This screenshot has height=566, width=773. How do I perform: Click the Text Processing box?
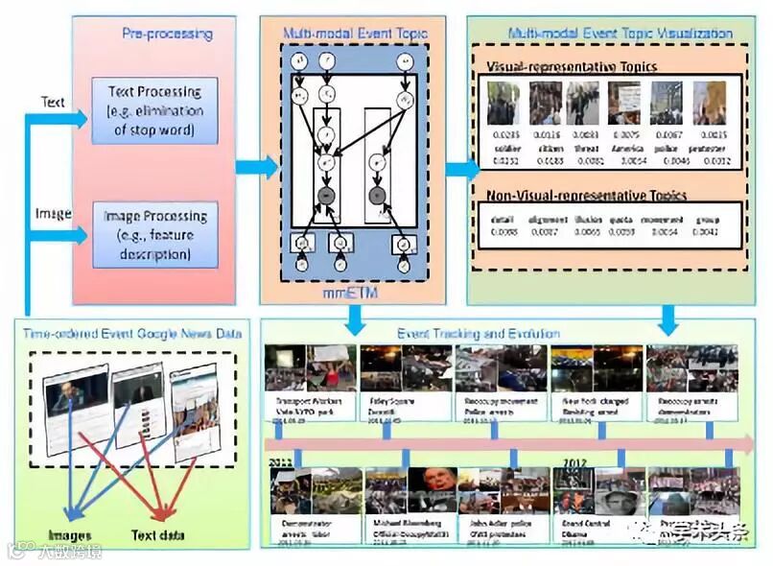[154, 111]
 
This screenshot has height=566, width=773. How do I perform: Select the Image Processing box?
[154, 234]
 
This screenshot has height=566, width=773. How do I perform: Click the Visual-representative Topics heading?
[572, 67]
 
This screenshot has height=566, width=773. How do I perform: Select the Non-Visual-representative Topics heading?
[587, 195]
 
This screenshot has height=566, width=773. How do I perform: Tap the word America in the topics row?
[625, 150]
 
